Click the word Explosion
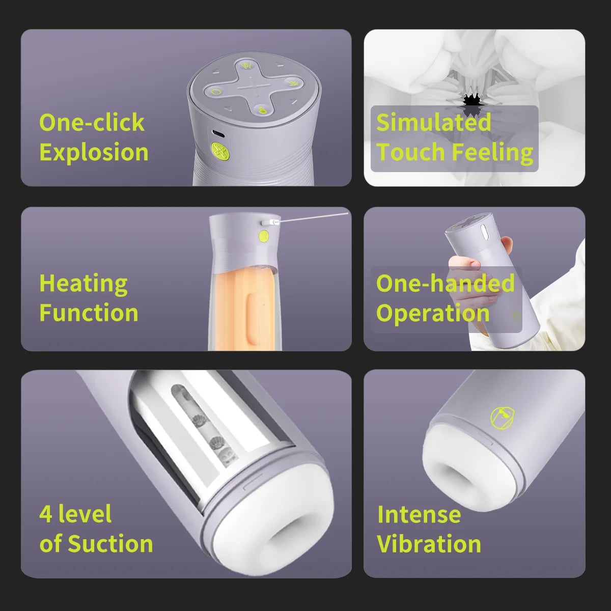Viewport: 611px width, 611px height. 94,153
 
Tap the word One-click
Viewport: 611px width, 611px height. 92,122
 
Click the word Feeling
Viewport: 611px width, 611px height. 493,153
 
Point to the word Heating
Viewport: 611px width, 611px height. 84,284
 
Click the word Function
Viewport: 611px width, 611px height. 89,313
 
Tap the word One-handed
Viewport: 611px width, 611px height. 445,283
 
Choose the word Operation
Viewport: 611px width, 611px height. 433,314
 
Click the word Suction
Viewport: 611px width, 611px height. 110,543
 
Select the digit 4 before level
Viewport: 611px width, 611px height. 46,514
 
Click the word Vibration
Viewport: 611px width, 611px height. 429,544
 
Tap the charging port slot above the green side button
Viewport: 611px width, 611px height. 218,134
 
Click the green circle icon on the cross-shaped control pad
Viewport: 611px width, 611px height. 216,92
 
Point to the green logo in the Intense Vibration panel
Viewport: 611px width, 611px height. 502,418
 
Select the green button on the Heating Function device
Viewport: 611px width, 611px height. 264,236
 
